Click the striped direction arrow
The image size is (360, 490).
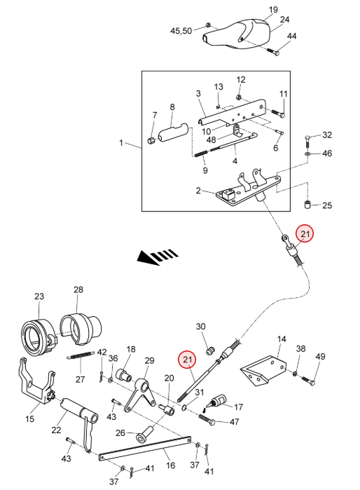158,257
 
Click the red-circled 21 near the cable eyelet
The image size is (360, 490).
305,233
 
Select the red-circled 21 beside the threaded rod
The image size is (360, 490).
187,360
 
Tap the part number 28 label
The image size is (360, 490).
78,290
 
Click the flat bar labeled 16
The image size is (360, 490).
145,448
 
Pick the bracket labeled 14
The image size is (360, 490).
263,371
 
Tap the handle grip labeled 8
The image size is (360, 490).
173,133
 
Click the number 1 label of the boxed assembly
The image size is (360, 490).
121,143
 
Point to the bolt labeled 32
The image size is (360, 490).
307,142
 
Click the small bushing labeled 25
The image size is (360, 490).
307,205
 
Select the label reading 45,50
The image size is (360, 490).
181,31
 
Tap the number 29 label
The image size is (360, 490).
150,360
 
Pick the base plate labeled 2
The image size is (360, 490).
248,190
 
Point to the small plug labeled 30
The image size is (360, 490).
210,351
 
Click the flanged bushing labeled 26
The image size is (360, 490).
144,434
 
